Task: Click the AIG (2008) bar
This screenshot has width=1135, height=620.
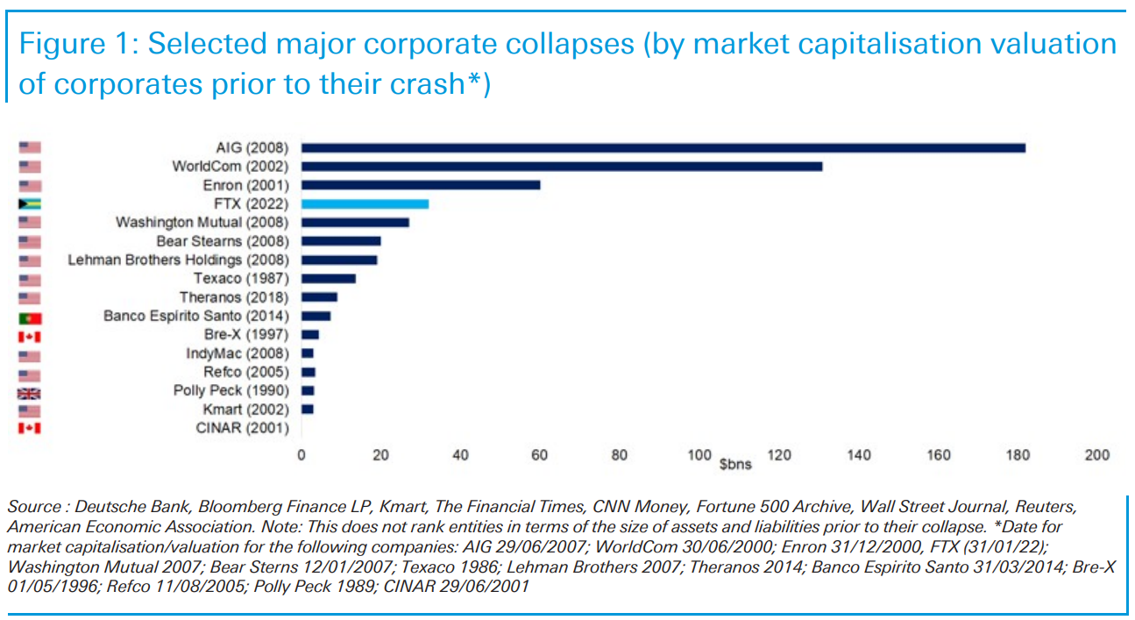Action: pyautogui.click(x=663, y=147)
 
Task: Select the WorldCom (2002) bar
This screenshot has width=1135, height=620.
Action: pyautogui.click(x=561, y=166)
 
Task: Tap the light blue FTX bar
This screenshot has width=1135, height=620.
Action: pyautogui.click(x=365, y=203)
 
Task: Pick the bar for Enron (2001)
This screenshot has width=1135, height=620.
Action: pyautogui.click(x=421, y=185)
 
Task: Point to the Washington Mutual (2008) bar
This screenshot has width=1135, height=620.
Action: pyautogui.click(x=355, y=223)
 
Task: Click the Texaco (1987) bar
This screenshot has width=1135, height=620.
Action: pyautogui.click(x=328, y=279)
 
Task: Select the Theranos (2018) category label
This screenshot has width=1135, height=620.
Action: pyautogui.click(x=234, y=297)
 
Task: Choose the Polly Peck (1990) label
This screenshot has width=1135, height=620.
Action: pyautogui.click(x=231, y=391)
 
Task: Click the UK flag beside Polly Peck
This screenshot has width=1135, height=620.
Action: pyautogui.click(x=30, y=391)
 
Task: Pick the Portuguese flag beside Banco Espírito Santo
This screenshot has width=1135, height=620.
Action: pyautogui.click(x=30, y=317)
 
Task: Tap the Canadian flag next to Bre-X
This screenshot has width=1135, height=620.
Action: pyautogui.click(x=30, y=335)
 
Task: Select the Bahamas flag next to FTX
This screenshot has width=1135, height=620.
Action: pyautogui.click(x=30, y=203)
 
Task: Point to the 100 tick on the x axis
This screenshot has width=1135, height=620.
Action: pyautogui.click(x=699, y=455)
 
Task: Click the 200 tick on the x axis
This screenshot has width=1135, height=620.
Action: pyautogui.click(x=1096, y=455)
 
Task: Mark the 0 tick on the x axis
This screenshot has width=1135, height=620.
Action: pyautogui.click(x=301, y=455)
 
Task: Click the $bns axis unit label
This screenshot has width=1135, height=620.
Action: pyautogui.click(x=735, y=464)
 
